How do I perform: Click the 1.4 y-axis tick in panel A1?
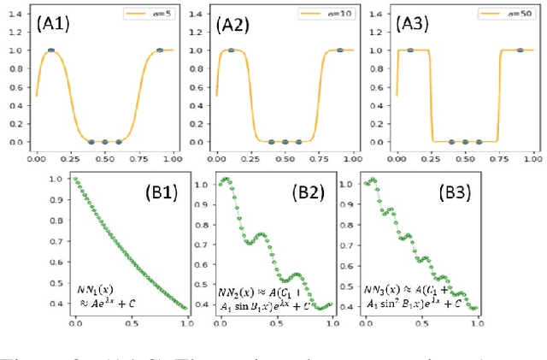coord(19,13)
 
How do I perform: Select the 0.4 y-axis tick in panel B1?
coord(60,304)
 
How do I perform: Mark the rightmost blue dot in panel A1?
coord(160,50)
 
